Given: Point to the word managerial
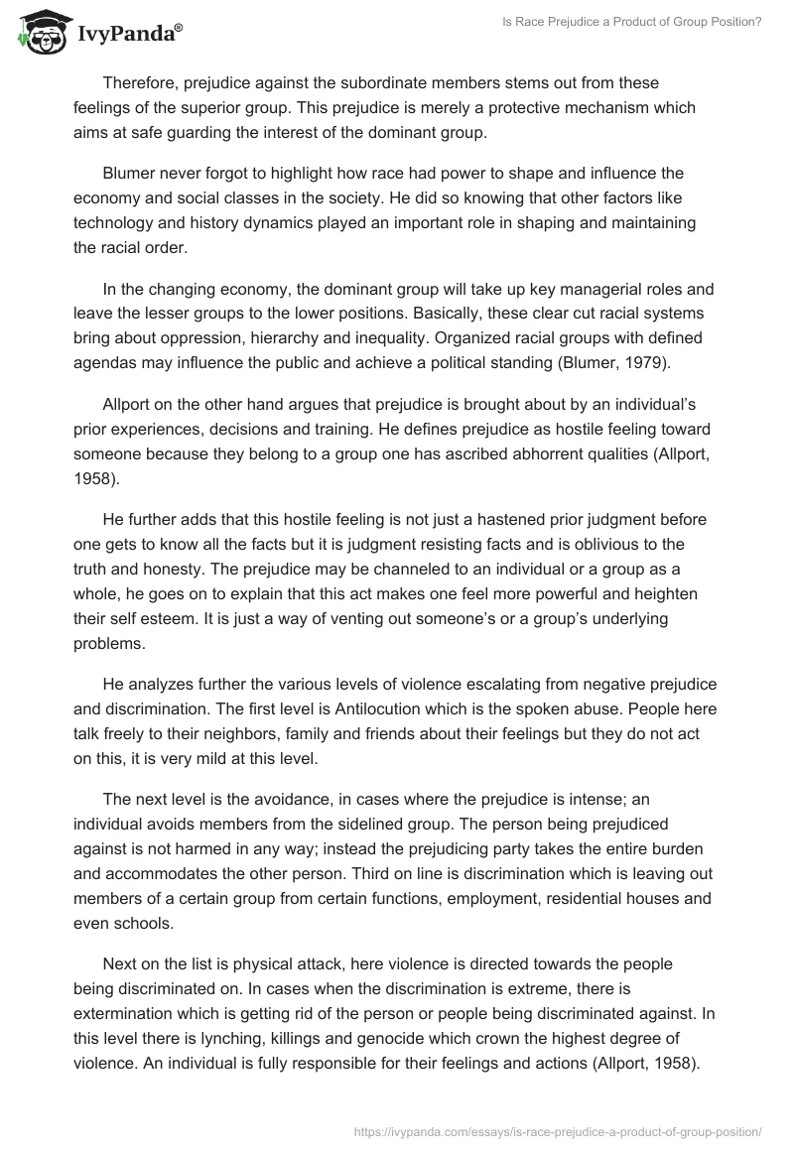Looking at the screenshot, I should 569,291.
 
